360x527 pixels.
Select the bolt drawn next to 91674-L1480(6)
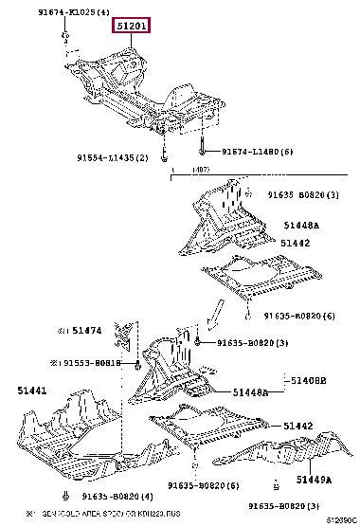click(203, 150)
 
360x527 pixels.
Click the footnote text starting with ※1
click(104, 514)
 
